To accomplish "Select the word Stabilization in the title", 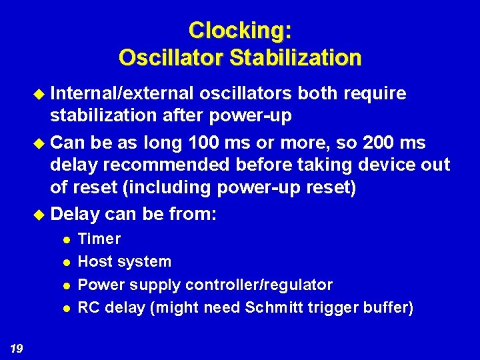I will (295, 57).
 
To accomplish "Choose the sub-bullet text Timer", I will (99, 239).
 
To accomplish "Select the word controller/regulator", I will (259, 285).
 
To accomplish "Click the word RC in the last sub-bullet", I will (88, 307).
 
